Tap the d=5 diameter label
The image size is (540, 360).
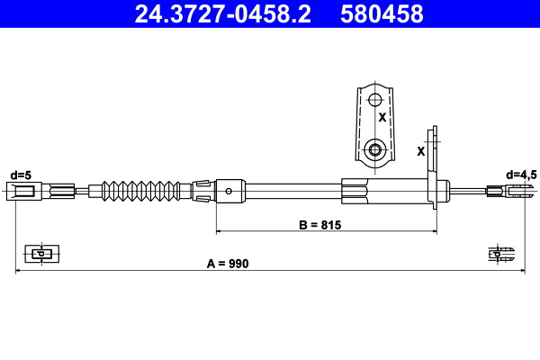(x=21, y=175)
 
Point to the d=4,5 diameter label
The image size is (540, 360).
(x=521, y=175)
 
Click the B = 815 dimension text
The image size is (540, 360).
(x=319, y=225)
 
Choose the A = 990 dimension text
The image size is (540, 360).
(x=227, y=264)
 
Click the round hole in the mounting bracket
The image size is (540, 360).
(x=375, y=148)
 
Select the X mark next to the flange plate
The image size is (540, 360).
(x=420, y=151)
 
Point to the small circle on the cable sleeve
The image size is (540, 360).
(x=230, y=190)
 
